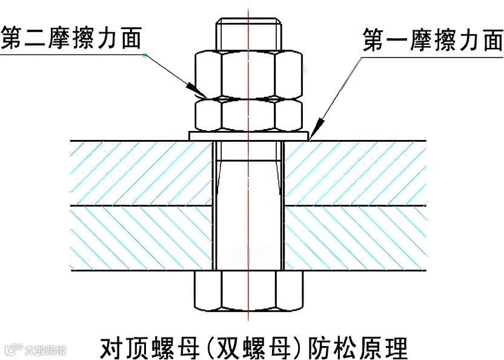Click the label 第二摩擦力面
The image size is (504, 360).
(x=71, y=38)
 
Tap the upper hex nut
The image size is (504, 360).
(x=248, y=73)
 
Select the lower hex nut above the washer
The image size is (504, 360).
(x=248, y=115)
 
